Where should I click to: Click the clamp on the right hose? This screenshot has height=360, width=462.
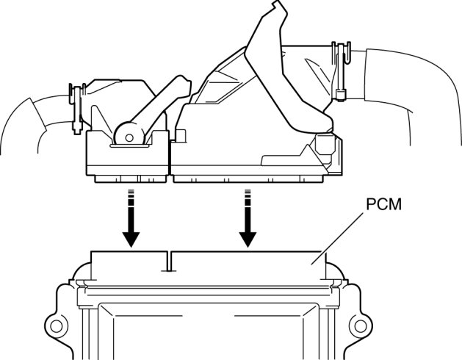coord(339,70)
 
